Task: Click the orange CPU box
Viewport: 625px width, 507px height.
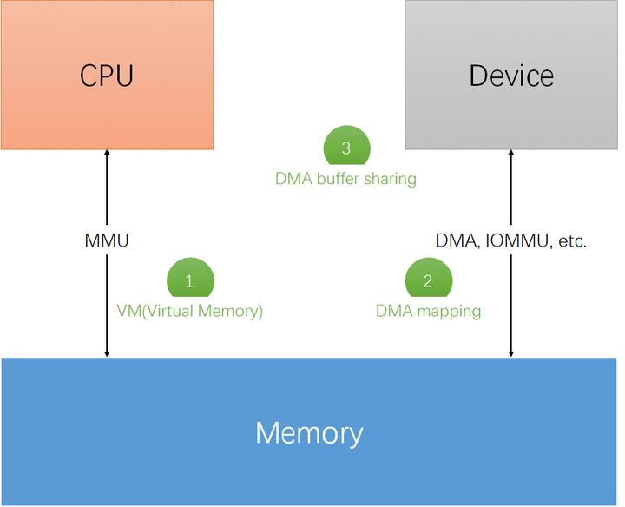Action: pyautogui.click(x=107, y=75)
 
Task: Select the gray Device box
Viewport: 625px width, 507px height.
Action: pyautogui.click(x=511, y=75)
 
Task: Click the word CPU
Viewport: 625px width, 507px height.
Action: pyautogui.click(x=107, y=76)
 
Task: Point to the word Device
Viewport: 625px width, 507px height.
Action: pyautogui.click(x=511, y=76)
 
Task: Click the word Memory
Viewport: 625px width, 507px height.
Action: pyautogui.click(x=309, y=432)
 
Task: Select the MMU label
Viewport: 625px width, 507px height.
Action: pyautogui.click(x=107, y=241)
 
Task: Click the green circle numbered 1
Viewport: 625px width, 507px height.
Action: pyautogui.click(x=189, y=280)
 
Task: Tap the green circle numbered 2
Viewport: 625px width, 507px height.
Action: pyautogui.click(x=428, y=280)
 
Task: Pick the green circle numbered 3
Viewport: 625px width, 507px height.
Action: pyautogui.click(x=345, y=147)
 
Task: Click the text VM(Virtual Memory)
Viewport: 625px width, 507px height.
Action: pyautogui.click(x=189, y=311)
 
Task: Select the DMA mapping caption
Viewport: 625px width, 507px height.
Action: pyautogui.click(x=428, y=311)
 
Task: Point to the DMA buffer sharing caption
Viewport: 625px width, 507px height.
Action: pyautogui.click(x=345, y=179)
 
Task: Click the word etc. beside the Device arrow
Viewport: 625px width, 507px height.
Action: pyautogui.click(x=571, y=241)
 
